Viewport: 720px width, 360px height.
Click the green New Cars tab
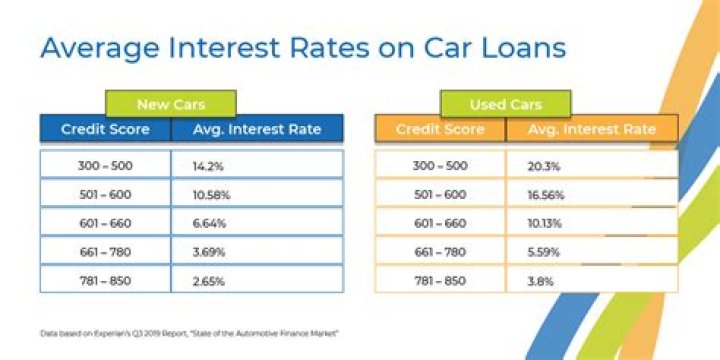(x=170, y=104)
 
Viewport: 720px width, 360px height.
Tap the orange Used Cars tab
(x=505, y=104)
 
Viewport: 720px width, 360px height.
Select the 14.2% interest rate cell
(x=196, y=164)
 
